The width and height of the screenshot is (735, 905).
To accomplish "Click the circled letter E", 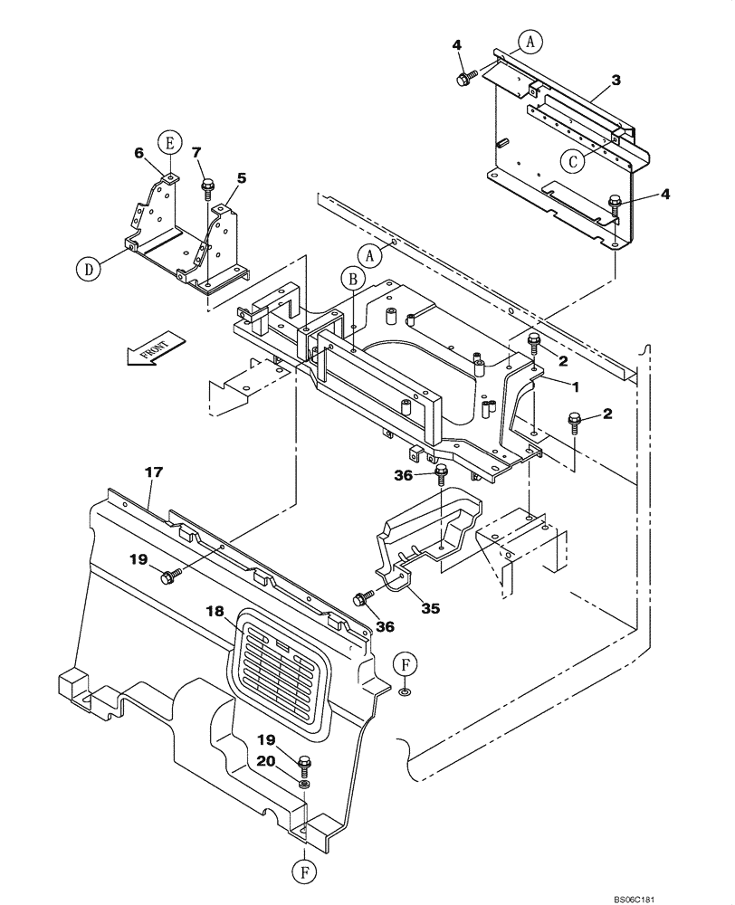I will click(x=167, y=141).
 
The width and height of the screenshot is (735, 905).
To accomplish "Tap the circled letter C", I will click(x=571, y=161).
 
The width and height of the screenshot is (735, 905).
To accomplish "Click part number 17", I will click(x=150, y=472).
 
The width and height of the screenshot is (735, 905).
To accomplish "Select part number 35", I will click(x=430, y=608).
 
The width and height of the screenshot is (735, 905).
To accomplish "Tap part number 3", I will click(x=615, y=81).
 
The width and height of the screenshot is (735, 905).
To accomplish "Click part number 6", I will click(x=138, y=154).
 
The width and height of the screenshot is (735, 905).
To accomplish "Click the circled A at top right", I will click(x=531, y=40).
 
